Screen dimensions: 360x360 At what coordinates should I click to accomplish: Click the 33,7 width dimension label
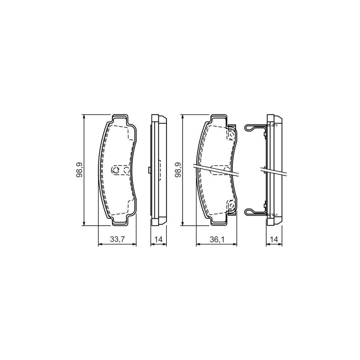(x=117, y=239)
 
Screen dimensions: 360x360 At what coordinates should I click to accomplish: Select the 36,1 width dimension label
(x=217, y=239)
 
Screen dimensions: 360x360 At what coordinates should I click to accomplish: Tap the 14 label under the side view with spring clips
(x=274, y=239)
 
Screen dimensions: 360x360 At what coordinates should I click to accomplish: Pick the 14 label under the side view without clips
(x=158, y=239)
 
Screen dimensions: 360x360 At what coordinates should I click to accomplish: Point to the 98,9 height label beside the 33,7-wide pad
(x=80, y=170)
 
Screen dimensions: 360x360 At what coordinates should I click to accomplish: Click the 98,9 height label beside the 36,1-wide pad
(x=178, y=170)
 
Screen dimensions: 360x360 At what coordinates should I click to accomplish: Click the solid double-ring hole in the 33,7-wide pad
(x=115, y=170)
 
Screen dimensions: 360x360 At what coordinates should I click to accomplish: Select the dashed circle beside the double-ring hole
(x=126, y=170)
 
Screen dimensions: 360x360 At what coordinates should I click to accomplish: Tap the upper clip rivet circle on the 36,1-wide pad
(x=232, y=134)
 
